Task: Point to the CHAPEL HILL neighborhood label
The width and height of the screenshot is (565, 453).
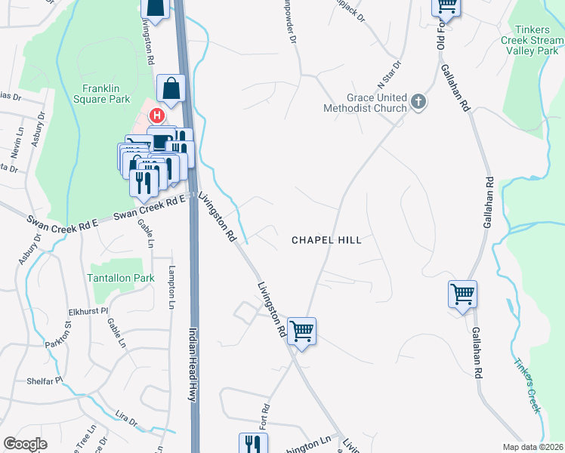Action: tap(326, 240)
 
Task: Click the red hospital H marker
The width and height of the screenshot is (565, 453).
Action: tap(156, 116)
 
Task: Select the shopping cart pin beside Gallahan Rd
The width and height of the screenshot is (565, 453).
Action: tap(462, 294)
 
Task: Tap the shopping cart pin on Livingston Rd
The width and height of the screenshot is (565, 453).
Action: tap(301, 330)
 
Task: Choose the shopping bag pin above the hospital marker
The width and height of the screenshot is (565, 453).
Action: tap(171, 88)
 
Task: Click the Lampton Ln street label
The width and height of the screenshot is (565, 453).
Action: tap(172, 288)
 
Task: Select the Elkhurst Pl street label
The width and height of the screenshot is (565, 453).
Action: tap(88, 310)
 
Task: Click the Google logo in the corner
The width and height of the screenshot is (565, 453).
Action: tap(25, 444)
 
